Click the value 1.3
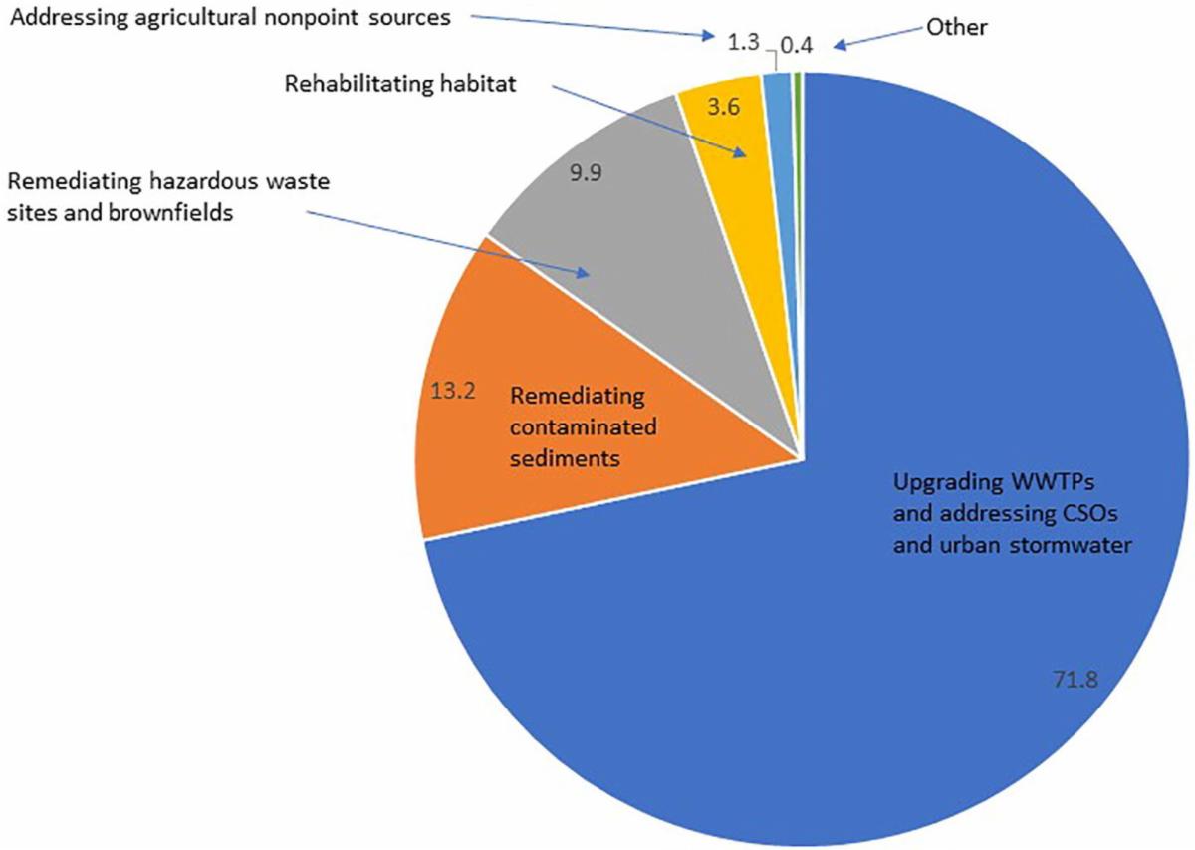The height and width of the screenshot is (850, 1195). coord(740,43)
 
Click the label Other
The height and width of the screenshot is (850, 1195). coord(956,27)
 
